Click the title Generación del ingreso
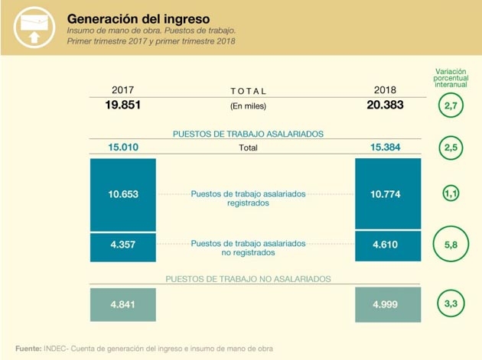(x=138, y=17)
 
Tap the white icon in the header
(x=31, y=28)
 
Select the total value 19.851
(x=122, y=105)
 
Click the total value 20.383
(x=384, y=105)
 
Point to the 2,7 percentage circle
(x=451, y=106)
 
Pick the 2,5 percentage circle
(x=451, y=148)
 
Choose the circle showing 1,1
(x=451, y=194)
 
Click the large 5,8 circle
(x=451, y=245)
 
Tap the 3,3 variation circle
(x=451, y=304)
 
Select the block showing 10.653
(x=122, y=194)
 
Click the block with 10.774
(x=387, y=194)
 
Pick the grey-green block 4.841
(x=122, y=304)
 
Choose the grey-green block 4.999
(x=387, y=304)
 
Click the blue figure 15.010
(x=122, y=148)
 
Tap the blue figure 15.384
(x=385, y=148)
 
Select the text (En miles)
(x=248, y=106)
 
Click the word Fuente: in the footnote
(x=28, y=349)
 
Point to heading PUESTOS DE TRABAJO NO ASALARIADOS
(x=248, y=279)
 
